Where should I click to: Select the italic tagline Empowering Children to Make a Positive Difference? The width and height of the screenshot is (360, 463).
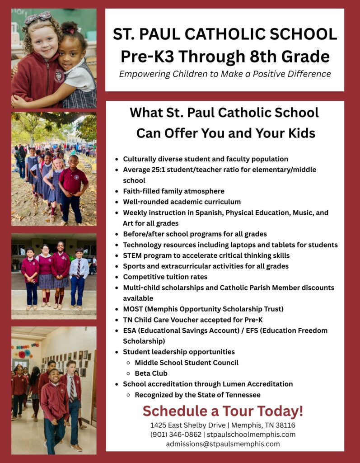224,74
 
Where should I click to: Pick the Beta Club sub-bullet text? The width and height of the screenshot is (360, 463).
151,373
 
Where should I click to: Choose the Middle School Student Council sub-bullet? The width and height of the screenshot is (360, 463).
186,362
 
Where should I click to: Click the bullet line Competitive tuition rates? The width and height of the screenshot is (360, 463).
165,277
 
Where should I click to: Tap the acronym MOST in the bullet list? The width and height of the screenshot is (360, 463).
133,309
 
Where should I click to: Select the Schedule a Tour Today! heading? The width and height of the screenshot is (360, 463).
223,411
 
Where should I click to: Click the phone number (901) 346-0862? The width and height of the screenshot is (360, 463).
176,435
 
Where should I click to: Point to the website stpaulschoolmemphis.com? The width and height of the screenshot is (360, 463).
251,435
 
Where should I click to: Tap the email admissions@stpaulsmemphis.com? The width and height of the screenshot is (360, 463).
223,444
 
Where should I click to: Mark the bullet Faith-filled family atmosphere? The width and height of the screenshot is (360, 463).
173,191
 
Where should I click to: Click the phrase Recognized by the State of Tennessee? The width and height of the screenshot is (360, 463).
197,395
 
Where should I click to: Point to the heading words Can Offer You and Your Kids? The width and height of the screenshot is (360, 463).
225,133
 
